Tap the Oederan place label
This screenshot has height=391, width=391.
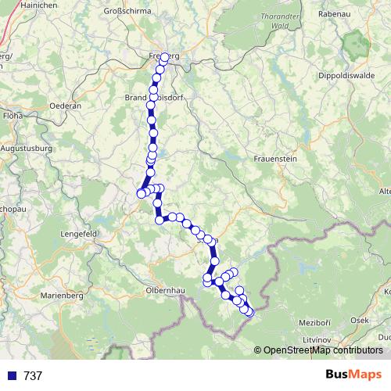coord(65,105)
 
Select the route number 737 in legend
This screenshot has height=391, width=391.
coord(33,376)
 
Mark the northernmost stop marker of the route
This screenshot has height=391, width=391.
coord(165,57)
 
